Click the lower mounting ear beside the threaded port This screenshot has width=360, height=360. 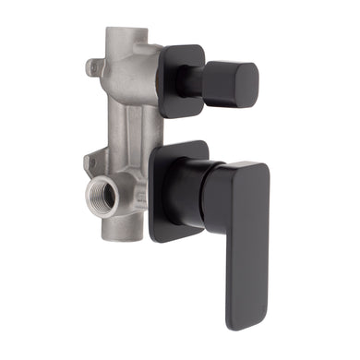(x=91, y=164)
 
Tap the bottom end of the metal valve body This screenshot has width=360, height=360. (x=130, y=238)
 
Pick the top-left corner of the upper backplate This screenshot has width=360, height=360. (x=164, y=52)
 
